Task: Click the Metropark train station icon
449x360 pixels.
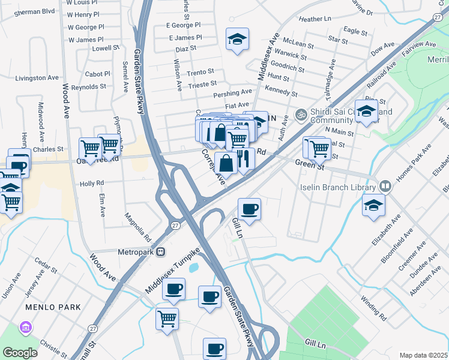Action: (x=160, y=252)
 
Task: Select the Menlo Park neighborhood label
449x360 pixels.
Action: (x=53, y=307)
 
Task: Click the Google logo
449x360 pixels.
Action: (x=20, y=353)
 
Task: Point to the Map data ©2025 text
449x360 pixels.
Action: (x=423, y=355)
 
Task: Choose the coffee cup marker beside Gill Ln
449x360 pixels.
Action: (x=249, y=210)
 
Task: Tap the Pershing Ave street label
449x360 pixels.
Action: (x=232, y=93)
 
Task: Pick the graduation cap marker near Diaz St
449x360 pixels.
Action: (x=237, y=40)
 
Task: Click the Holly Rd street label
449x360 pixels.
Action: (x=92, y=183)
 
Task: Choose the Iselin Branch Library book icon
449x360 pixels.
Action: (x=385, y=186)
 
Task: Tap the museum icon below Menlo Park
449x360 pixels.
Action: (x=25, y=328)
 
